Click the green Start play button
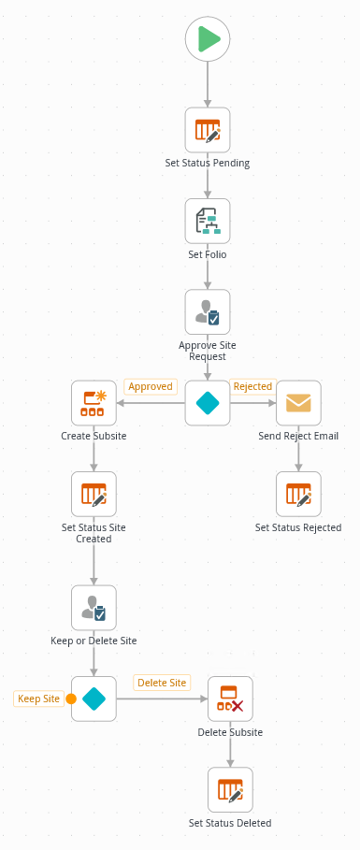click(208, 39)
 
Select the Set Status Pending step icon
click(208, 130)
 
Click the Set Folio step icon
click(208, 221)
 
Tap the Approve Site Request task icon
click(208, 312)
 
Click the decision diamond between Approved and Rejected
click(208, 403)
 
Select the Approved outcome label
click(151, 386)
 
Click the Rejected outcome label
click(252, 386)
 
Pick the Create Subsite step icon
click(94, 403)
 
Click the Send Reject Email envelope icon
click(298, 403)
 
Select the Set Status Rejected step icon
click(298, 494)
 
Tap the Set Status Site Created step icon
click(94, 494)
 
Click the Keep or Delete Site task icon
click(94, 608)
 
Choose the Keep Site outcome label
click(39, 699)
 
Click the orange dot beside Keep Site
click(71, 699)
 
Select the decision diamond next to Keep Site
click(94, 699)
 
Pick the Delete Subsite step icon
click(230, 699)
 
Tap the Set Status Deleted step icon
click(230, 790)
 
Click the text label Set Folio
click(208, 253)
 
